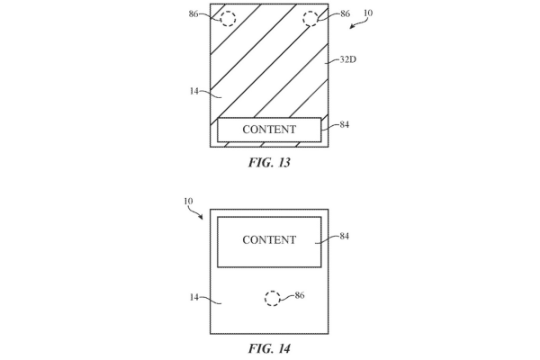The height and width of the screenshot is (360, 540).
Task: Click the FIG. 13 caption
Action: (269, 162)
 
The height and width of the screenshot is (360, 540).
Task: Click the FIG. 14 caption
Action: (269, 348)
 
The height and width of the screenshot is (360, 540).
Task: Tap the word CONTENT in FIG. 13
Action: (269, 130)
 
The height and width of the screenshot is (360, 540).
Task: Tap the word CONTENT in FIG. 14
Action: (269, 239)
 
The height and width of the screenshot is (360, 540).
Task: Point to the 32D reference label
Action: (347, 59)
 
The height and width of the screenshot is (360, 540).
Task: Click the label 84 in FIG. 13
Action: (345, 124)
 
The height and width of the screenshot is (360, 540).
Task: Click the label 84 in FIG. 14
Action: (345, 236)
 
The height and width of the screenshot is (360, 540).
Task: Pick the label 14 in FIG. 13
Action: (194, 91)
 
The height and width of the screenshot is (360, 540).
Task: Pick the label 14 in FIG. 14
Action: (194, 297)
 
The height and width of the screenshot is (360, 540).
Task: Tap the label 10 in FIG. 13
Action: (368, 13)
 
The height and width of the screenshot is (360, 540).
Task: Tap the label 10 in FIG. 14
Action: (188, 202)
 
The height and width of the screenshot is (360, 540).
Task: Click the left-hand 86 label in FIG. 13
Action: (193, 13)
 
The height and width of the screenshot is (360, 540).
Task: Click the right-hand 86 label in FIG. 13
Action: (345, 13)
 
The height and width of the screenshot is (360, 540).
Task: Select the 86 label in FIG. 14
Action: (300, 295)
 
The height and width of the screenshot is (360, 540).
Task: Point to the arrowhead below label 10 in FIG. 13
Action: (352, 26)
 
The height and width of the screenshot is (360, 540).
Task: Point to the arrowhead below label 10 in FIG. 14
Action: (201, 217)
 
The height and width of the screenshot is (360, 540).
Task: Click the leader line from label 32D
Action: (332, 62)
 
